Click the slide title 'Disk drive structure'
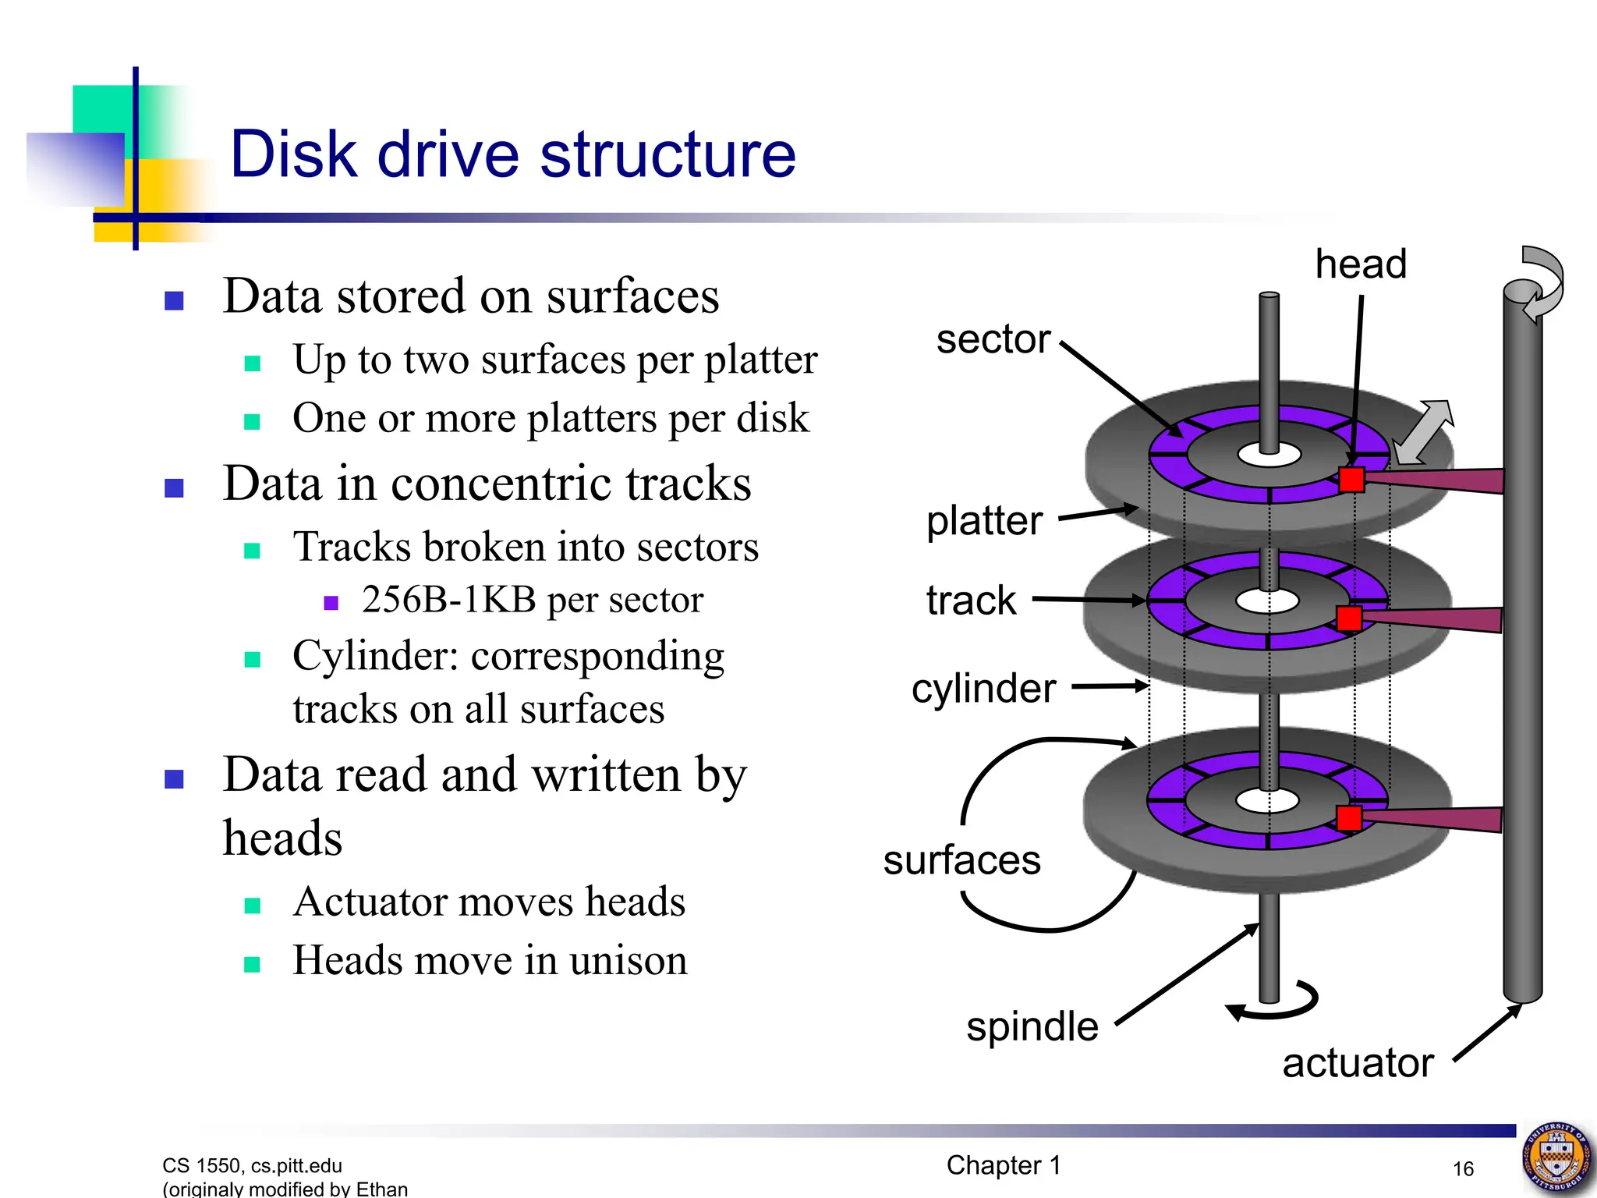(513, 154)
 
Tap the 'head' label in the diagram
(1361, 264)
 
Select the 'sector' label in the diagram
(993, 339)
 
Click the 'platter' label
(984, 520)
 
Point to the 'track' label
(971, 601)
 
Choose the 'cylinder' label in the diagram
(983, 688)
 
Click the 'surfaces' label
(961, 860)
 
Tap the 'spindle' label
(1032, 1026)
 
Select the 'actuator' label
(1358, 1062)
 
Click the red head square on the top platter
(1351, 480)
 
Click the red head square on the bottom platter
(1348, 818)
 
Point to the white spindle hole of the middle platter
(1267, 601)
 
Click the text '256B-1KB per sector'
(532, 600)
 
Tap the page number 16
(1463, 1168)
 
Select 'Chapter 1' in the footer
(1004, 1165)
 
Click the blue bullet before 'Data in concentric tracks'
(175, 488)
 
